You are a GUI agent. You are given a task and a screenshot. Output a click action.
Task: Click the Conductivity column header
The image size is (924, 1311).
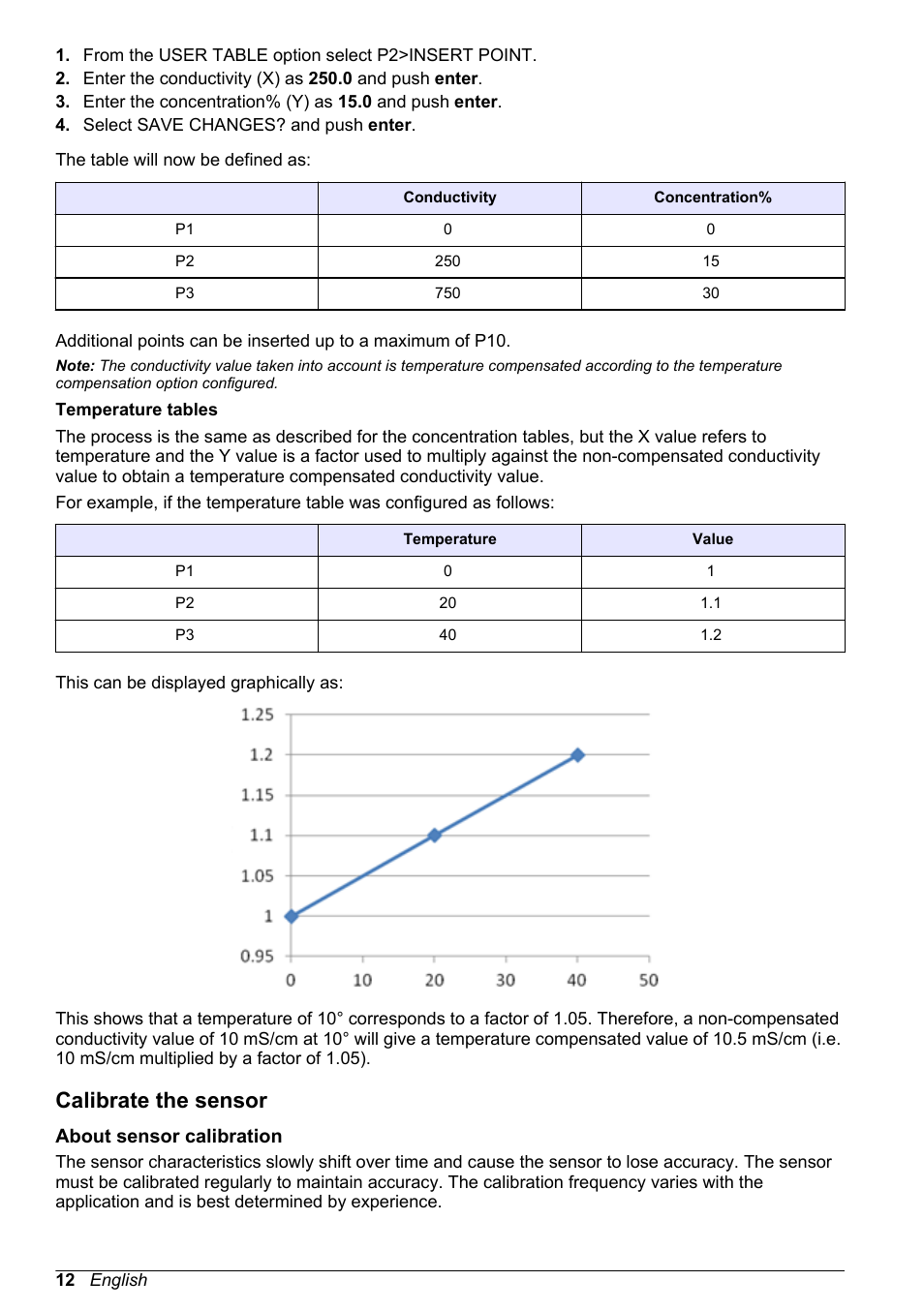click(x=449, y=198)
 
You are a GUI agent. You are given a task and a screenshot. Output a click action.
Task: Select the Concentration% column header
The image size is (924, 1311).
click(x=712, y=198)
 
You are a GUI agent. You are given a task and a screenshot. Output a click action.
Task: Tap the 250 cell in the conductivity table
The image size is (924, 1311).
click(x=447, y=261)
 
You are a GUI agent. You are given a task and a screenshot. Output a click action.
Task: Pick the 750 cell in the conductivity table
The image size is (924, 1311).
click(x=447, y=293)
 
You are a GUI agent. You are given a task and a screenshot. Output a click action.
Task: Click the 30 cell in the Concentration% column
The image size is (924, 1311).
click(x=711, y=293)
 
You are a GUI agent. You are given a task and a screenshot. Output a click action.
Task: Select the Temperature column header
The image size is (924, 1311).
click(x=449, y=539)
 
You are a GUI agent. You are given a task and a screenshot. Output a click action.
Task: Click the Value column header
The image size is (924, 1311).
click(x=712, y=539)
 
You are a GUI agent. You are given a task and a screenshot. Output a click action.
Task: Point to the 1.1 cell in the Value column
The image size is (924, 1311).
click(x=711, y=603)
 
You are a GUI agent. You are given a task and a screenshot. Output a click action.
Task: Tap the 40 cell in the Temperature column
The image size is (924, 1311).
click(x=447, y=635)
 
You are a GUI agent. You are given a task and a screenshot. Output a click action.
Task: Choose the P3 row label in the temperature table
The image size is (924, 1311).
click(x=185, y=635)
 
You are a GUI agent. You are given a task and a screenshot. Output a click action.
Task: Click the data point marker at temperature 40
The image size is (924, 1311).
click(x=577, y=755)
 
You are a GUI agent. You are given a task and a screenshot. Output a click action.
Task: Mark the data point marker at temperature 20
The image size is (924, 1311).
click(x=435, y=835)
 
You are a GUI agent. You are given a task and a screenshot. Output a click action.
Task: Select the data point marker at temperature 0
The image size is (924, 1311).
click(x=292, y=916)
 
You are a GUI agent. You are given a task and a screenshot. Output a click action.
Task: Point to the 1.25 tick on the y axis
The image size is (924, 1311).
click(x=258, y=715)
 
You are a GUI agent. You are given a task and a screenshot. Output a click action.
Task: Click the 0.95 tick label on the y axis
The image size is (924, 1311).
click(x=258, y=957)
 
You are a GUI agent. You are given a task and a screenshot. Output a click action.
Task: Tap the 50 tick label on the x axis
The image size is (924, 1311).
click(x=648, y=981)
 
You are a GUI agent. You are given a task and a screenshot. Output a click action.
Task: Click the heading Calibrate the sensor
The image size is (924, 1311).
click(x=161, y=1101)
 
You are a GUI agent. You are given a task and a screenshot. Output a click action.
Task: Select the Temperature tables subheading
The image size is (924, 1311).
click(x=137, y=411)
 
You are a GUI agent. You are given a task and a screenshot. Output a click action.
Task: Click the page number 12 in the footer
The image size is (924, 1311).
click(x=65, y=1280)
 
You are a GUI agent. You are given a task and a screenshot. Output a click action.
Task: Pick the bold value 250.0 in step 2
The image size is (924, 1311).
click(x=330, y=78)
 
